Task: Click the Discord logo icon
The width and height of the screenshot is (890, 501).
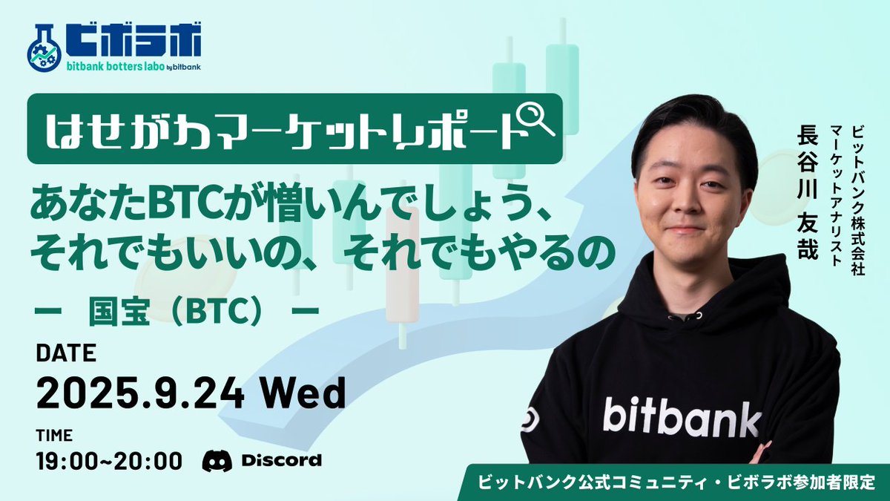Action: tap(217, 460)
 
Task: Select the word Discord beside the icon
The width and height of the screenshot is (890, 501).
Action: tap(281, 460)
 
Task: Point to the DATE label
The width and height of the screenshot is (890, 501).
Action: tap(66, 354)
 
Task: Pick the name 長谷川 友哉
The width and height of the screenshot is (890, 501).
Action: tap(805, 193)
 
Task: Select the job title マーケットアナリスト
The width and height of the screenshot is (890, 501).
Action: tap(837, 196)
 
